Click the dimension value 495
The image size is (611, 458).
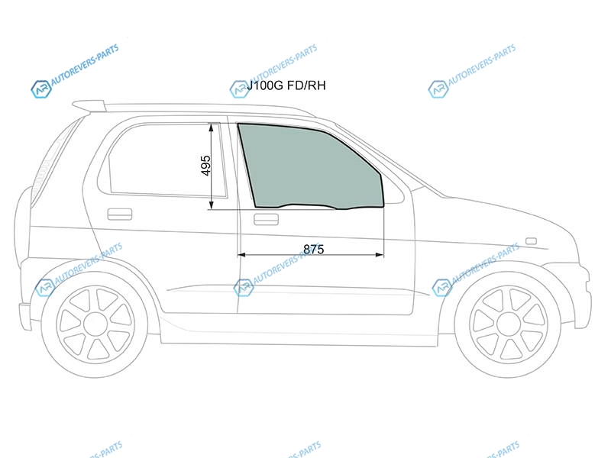click(206, 166)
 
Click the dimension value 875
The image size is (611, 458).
click(313, 250)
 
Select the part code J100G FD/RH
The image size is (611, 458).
click(286, 85)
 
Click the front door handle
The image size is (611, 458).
click(266, 219)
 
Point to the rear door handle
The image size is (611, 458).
click(120, 214)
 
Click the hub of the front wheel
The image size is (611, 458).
click(509, 324)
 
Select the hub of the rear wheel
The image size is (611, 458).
click(95, 324)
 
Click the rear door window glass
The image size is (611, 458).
click(163, 160)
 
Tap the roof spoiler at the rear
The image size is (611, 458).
click(89, 105)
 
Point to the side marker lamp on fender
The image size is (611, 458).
click(531, 241)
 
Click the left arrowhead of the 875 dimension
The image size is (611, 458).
click(241, 255)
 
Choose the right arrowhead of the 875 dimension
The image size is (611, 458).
click(380, 255)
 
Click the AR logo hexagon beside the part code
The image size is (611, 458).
click(239, 89)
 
